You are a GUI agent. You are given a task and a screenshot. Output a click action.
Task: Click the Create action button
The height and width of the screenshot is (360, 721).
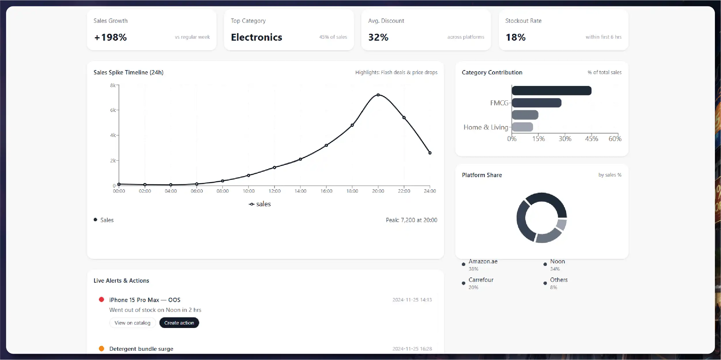(179, 323)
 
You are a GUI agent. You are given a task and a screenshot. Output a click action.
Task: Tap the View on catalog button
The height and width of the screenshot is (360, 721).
(132, 323)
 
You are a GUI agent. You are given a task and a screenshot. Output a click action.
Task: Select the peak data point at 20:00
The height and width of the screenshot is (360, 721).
(378, 95)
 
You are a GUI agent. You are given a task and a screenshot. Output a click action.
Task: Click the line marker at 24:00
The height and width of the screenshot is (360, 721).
(430, 153)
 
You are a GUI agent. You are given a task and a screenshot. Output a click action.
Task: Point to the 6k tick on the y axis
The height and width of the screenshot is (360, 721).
(113, 110)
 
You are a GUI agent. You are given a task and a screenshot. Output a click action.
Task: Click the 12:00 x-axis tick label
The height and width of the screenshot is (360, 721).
(274, 191)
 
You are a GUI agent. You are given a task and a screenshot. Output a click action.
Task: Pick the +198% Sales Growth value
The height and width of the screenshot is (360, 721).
(110, 37)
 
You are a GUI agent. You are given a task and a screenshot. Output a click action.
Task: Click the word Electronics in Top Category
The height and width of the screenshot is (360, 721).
(256, 37)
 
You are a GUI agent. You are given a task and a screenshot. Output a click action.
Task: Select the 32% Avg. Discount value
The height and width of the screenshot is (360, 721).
(378, 37)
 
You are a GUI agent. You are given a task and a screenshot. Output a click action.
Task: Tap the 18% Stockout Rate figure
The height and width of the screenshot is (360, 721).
(515, 37)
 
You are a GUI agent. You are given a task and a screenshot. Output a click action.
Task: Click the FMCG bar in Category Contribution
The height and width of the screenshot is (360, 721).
(536, 103)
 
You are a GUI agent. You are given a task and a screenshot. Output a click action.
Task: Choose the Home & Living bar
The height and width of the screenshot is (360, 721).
(522, 127)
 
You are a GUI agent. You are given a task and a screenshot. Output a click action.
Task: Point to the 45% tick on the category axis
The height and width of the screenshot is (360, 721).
(591, 139)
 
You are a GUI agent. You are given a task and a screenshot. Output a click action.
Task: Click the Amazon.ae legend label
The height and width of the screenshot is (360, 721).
(483, 261)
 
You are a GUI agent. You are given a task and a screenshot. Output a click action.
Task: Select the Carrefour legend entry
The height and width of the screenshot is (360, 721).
(481, 280)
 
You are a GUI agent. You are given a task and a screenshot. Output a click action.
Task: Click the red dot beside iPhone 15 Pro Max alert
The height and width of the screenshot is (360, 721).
(101, 299)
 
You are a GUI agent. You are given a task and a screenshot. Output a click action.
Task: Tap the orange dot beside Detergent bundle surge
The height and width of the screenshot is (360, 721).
(101, 348)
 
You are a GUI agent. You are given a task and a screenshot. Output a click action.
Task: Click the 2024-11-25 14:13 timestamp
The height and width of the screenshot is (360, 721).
(412, 300)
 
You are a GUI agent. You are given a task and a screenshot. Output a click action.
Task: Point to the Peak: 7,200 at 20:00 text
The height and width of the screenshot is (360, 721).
(411, 220)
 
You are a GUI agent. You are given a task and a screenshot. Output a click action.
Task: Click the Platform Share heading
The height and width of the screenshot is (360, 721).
(482, 175)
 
